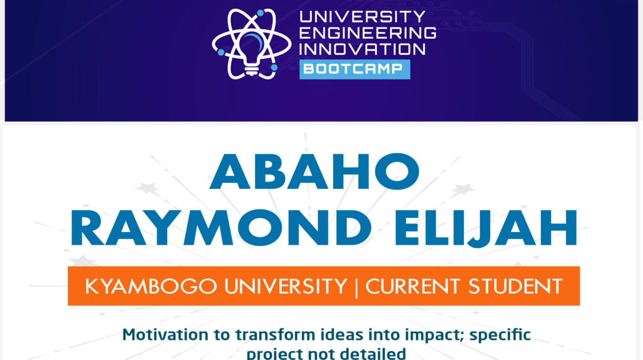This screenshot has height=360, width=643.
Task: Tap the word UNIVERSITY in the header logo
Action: click(x=362, y=17)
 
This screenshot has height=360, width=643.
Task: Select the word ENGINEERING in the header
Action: click(x=368, y=33)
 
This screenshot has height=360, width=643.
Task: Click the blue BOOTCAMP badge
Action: click(x=355, y=69)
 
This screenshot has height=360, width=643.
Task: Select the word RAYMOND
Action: click(x=221, y=229)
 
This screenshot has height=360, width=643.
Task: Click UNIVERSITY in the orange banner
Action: click(x=285, y=286)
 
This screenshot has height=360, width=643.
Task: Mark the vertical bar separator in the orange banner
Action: click(x=356, y=287)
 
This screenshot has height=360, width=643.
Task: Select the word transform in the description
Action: click(x=271, y=334)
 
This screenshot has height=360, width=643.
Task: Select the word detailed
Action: click(x=371, y=353)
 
